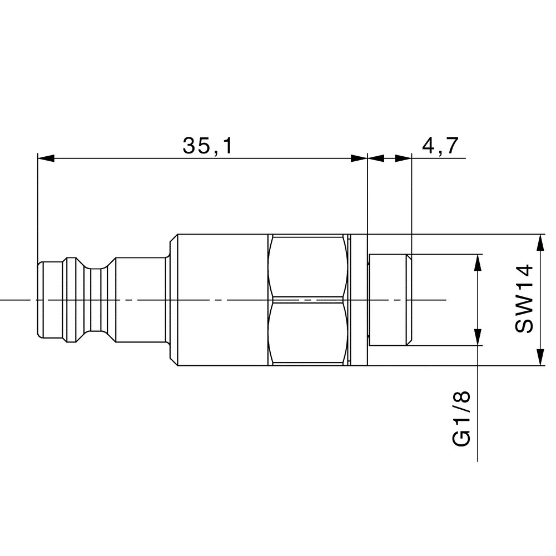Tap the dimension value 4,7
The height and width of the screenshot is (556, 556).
440,146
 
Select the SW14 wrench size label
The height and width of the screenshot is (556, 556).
524,300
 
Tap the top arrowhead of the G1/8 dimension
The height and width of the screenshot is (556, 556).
478,262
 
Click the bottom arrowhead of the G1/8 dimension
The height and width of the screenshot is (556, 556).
478,337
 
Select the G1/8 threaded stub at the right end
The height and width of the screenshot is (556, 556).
389,300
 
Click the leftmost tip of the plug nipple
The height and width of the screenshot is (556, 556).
38,300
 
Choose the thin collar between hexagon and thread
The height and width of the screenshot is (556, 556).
359,300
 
